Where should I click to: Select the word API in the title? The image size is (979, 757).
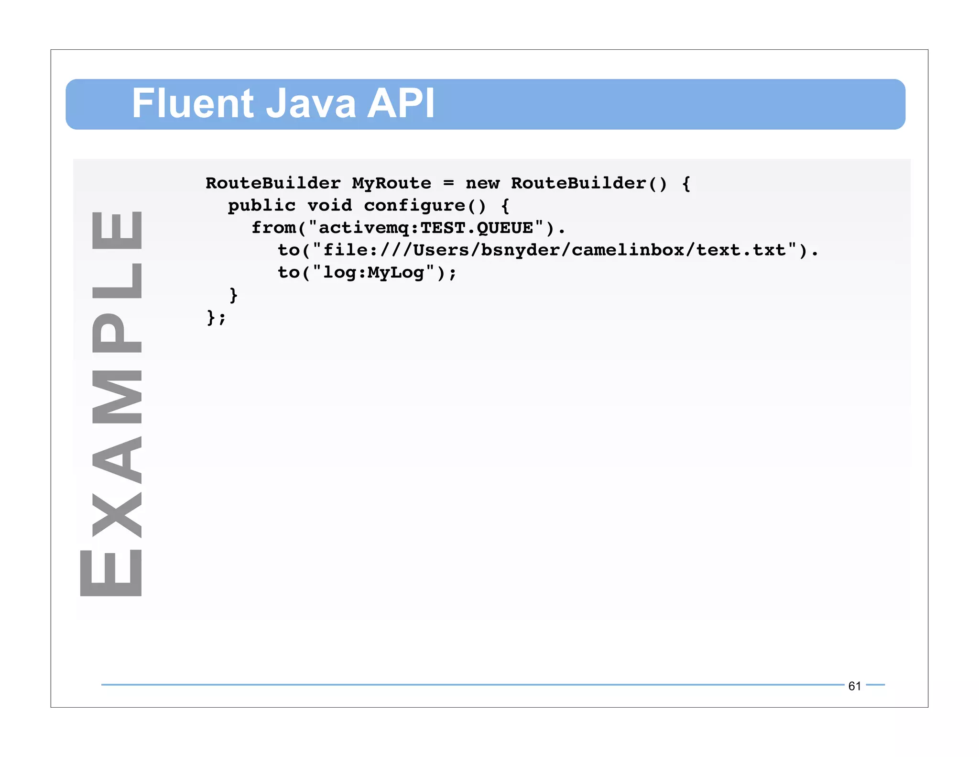click(x=401, y=103)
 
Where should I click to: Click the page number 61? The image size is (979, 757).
click(x=854, y=686)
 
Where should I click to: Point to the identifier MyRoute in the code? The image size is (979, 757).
click(x=392, y=183)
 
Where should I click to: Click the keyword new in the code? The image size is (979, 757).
click(x=482, y=183)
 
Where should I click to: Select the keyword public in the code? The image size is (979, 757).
click(x=261, y=206)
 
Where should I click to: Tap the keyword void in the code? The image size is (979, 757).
click(x=329, y=206)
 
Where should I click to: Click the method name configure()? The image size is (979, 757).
click(x=425, y=206)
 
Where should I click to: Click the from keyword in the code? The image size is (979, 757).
click(x=273, y=228)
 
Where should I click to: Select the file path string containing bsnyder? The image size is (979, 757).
click(x=555, y=250)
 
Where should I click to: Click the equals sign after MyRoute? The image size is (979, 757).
click(x=448, y=183)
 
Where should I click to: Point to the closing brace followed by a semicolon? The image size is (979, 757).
click(x=216, y=317)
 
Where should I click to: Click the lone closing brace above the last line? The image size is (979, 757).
click(x=233, y=295)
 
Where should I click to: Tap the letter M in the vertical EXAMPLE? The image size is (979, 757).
click(x=117, y=397)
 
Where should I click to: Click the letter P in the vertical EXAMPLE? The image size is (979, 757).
click(x=117, y=333)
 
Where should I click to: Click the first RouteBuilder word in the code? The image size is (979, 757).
click(x=273, y=183)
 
